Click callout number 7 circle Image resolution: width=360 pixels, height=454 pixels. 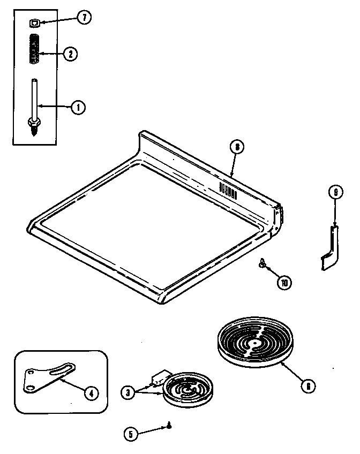click(84, 19)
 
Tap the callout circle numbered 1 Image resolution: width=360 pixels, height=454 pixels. click(78, 108)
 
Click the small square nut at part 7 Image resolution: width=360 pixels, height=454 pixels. click(34, 22)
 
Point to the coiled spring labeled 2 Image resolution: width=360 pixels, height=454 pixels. click(35, 49)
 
